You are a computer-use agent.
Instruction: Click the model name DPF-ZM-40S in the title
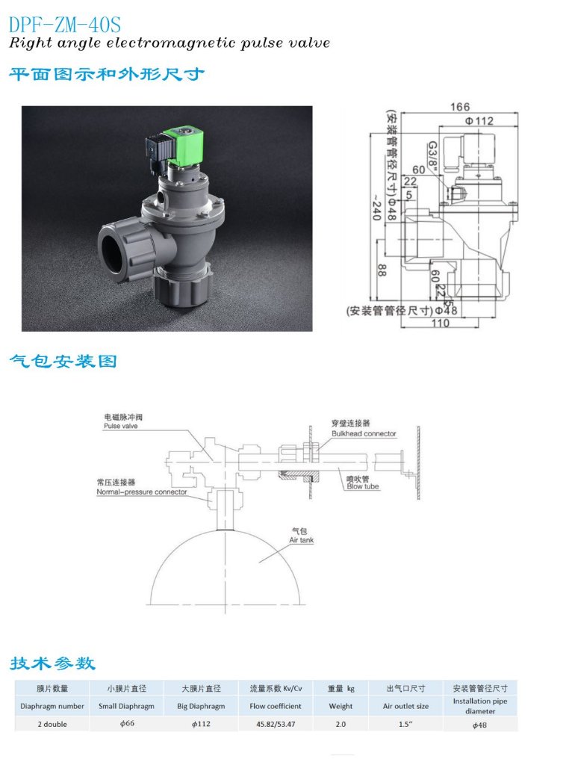tap(64, 25)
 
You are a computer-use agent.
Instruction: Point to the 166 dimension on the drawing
tap(460, 108)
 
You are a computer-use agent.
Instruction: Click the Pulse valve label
tap(120, 426)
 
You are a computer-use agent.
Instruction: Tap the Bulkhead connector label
tap(364, 433)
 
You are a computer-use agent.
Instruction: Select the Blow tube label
tap(362, 486)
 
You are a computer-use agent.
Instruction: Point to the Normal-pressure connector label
tap(141, 492)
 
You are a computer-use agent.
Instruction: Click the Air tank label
tap(302, 539)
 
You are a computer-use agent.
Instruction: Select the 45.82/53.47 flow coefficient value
tap(276, 724)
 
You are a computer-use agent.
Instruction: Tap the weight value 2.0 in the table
tap(341, 724)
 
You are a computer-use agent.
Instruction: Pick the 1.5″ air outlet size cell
tap(405, 724)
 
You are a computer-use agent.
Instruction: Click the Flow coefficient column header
tap(276, 706)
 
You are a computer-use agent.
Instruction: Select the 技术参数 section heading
tap(52, 663)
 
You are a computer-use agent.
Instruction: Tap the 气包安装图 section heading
tap(63, 362)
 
